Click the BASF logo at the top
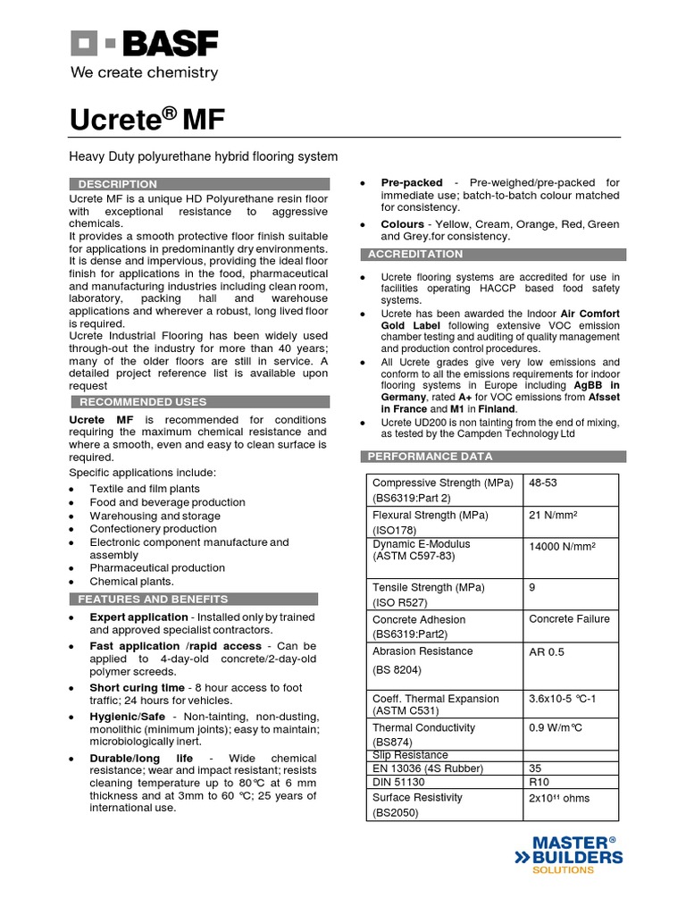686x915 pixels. pos(144,42)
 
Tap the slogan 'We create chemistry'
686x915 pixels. pos(144,71)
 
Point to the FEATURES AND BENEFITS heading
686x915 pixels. pos(153,599)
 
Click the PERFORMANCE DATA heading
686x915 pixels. pos(431,457)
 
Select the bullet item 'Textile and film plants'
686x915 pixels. pos(145,489)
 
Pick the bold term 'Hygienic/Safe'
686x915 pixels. pos(130,718)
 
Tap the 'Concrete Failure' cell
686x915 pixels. pos(569,618)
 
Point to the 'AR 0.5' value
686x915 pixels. pos(548,652)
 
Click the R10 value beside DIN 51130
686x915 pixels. pos(540,782)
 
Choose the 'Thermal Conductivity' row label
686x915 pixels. pos(423,728)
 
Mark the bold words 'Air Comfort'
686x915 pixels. pos(590,315)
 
